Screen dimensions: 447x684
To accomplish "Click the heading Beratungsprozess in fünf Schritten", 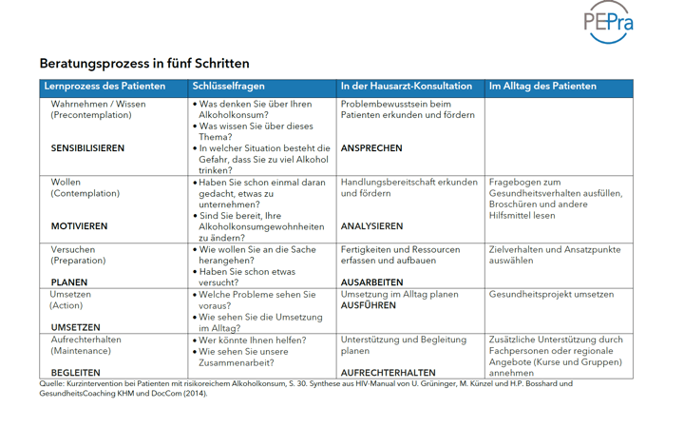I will [144, 64].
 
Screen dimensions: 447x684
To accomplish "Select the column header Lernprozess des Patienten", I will [104, 87].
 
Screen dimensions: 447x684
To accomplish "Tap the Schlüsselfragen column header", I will [233, 87].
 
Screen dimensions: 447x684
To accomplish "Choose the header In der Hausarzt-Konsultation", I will [407, 87].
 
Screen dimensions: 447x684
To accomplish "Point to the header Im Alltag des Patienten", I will [542, 87].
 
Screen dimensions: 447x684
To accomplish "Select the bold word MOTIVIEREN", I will [79, 226].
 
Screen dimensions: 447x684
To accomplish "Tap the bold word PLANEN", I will [69, 282].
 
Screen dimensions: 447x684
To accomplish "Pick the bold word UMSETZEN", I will [75, 327].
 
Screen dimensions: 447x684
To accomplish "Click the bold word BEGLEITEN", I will [75, 373].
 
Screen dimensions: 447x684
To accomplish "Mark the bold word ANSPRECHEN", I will [371, 148].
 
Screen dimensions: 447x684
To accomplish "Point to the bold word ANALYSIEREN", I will [371, 226].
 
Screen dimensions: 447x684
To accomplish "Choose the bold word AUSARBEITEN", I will [372, 282].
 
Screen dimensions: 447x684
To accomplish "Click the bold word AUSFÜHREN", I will [369, 305].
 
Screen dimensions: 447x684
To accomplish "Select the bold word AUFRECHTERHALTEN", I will [388, 373].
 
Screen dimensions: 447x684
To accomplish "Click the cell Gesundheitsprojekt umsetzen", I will [551, 295].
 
